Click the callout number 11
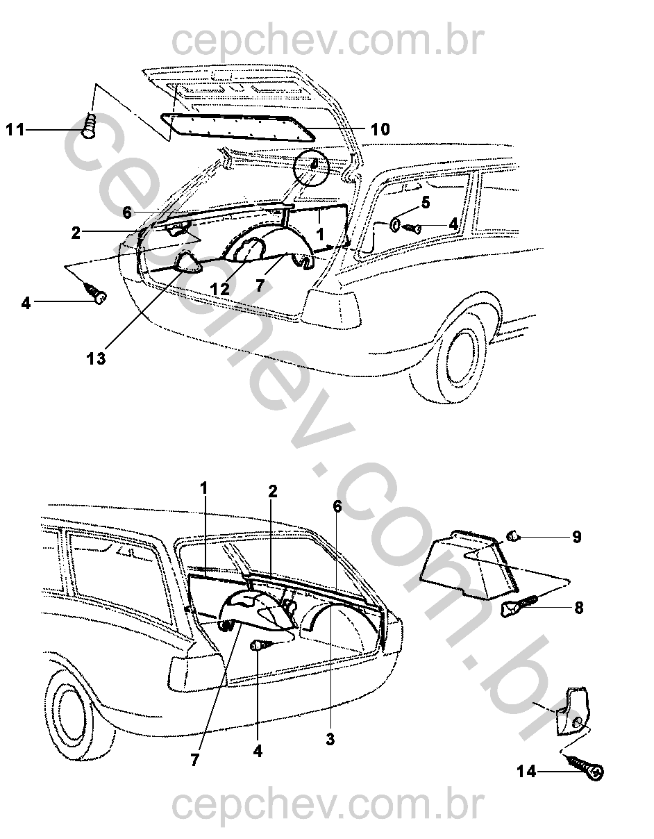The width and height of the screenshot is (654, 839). coord(16,129)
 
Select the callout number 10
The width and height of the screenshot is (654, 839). coord(380,129)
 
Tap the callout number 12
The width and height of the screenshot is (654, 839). coord(220,288)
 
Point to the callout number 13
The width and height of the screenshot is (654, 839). coord(97,359)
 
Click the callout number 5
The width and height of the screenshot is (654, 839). coord(426,203)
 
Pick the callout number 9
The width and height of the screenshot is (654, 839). coord(577,537)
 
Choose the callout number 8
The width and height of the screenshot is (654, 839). coord(578,608)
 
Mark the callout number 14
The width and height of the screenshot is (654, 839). coord(526,771)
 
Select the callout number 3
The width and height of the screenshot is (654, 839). coord(330,740)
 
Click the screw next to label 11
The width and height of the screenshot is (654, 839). coord(90,128)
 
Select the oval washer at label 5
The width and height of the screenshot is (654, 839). coord(394,224)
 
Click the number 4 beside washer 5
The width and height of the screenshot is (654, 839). coord(453,224)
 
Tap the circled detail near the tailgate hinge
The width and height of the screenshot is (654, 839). coord(312,167)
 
